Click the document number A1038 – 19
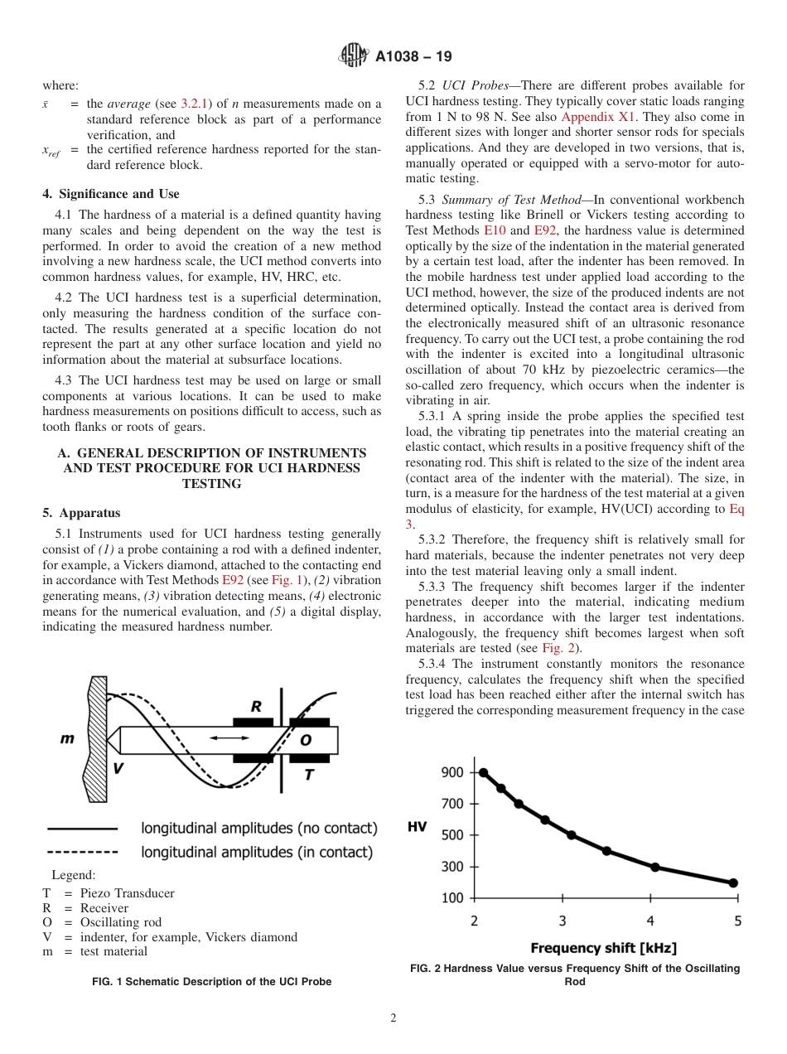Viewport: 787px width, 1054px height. pyautogui.click(x=413, y=57)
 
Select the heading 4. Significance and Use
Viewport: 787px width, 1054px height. pyautogui.click(x=110, y=194)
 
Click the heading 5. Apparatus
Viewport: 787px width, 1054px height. pyautogui.click(x=81, y=513)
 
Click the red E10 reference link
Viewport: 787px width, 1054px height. pyautogui.click(x=495, y=230)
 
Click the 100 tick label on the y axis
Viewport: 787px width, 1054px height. pyautogui.click(x=452, y=897)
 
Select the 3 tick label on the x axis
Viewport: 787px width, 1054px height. pyautogui.click(x=562, y=921)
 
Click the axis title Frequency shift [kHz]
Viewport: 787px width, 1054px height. pyautogui.click(x=604, y=948)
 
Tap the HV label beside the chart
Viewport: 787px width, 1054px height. pyautogui.click(x=418, y=827)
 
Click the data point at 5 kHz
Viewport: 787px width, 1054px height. pyautogui.click(x=733, y=883)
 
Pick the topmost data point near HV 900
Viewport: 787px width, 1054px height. pyautogui.click(x=483, y=772)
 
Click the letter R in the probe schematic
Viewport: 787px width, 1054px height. pyautogui.click(x=256, y=707)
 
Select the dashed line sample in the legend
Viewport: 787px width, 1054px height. pyautogui.click(x=82, y=852)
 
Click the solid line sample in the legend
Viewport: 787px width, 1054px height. pyautogui.click(x=82, y=828)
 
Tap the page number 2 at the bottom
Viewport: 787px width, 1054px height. pyautogui.click(x=393, y=1018)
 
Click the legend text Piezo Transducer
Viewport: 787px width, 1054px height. pyautogui.click(x=127, y=893)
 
